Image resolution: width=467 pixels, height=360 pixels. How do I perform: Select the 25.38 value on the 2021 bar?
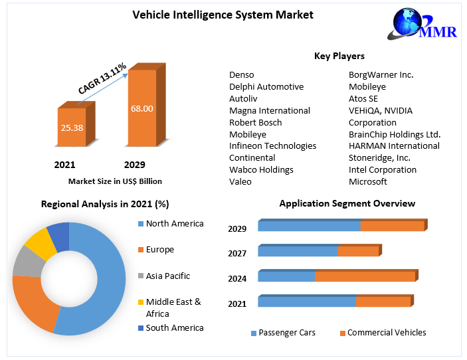(70, 128)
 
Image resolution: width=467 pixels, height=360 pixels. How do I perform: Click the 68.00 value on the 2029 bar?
(141, 108)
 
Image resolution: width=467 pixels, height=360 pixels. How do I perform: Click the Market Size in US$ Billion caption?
(115, 181)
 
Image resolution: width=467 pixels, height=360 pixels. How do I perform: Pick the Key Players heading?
(339, 56)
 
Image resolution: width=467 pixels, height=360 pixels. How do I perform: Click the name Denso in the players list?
(242, 75)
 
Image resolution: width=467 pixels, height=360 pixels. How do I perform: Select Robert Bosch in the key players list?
(255, 122)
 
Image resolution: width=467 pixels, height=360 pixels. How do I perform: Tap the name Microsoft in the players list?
(367, 181)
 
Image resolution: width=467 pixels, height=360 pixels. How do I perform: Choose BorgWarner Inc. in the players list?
(381, 75)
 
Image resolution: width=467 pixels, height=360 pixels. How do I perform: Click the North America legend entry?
(174, 224)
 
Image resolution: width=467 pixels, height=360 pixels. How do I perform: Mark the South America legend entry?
(174, 327)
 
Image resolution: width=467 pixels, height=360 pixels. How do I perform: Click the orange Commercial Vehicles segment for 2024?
(365, 276)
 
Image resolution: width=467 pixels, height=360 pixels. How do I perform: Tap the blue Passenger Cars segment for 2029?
(309, 226)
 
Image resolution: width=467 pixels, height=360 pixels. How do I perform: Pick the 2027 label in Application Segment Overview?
(237, 253)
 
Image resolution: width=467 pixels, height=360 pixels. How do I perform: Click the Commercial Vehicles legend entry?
(386, 333)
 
